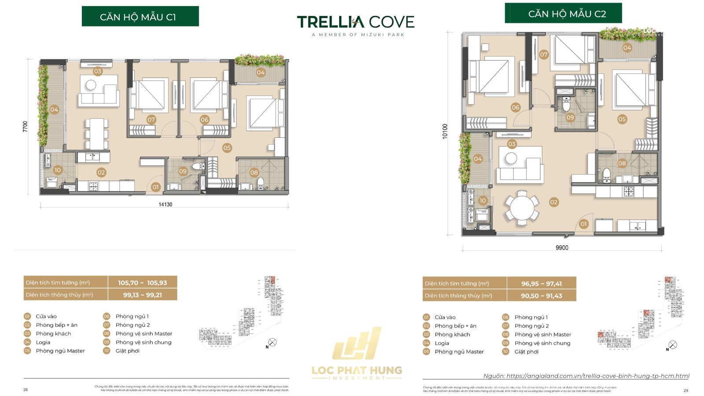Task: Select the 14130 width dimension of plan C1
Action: click(x=165, y=205)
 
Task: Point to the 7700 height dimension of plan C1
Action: click(x=25, y=126)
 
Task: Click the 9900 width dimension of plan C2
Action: click(x=562, y=248)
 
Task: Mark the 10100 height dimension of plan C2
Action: click(x=445, y=131)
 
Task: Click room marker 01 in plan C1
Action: click(x=155, y=187)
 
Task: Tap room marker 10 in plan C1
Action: click(x=58, y=170)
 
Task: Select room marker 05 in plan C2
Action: click(x=622, y=119)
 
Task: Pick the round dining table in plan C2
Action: click(x=522, y=208)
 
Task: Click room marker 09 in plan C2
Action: click(x=570, y=117)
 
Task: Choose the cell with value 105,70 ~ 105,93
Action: click(x=143, y=283)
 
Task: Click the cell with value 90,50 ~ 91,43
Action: click(x=542, y=296)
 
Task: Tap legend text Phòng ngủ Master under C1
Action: click(x=60, y=351)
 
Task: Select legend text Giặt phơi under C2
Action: click(x=527, y=352)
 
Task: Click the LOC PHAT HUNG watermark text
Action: click(x=357, y=370)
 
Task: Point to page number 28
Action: click(x=25, y=390)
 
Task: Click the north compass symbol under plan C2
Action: click(x=673, y=345)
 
